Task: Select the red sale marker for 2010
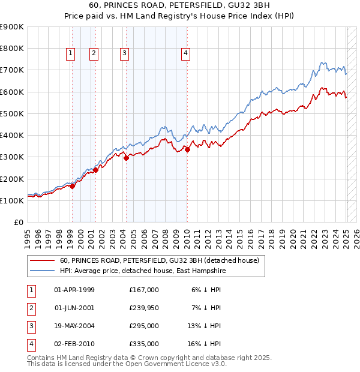point(187,149)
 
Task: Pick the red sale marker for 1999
point(73,186)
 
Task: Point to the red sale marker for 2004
point(126,158)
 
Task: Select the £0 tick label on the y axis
point(18,223)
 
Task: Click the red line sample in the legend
point(43,260)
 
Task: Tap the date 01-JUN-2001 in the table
point(74,308)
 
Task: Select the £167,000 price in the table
point(143,290)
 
